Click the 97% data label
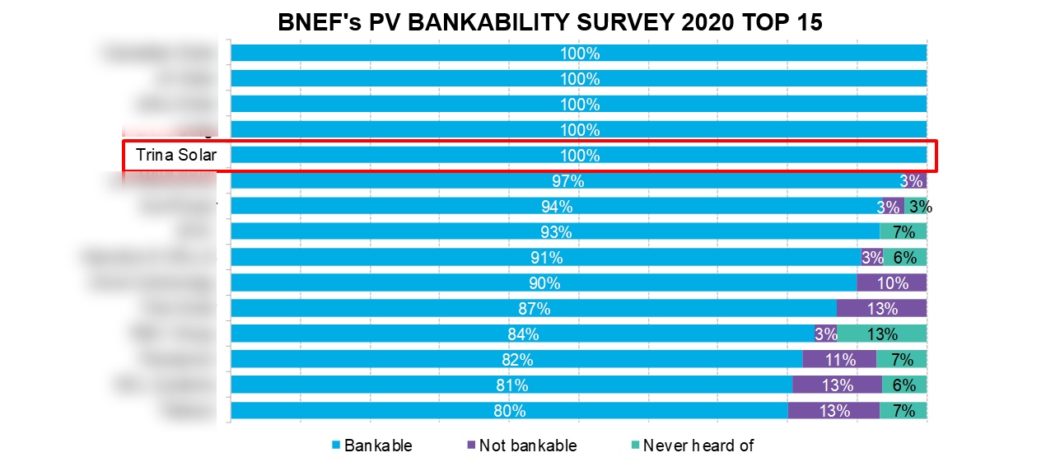tap(567, 181)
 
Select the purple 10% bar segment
tap(891, 283)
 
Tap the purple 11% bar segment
tap(838, 360)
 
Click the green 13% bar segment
tap(882, 334)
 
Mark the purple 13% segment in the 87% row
tap(881, 309)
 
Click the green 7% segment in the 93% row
tap(903, 232)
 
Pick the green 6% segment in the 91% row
tap(904, 258)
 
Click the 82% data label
tap(517, 360)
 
